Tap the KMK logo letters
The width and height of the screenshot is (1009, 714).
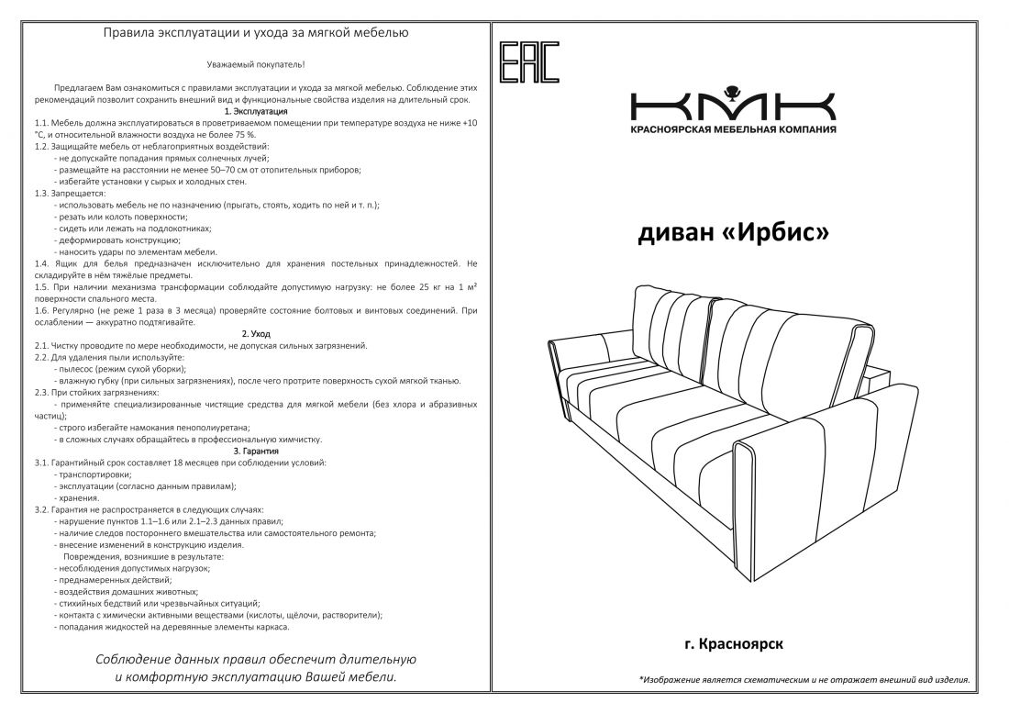pyautogui.click(x=732, y=104)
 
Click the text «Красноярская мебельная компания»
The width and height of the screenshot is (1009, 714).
pyautogui.click(x=732, y=129)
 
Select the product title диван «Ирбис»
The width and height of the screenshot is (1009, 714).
pyautogui.click(x=733, y=233)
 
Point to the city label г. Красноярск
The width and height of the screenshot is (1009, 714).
pyautogui.click(x=733, y=644)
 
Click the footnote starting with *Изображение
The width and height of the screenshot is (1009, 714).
pyautogui.click(x=804, y=680)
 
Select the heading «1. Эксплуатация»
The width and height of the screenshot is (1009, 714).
pyautogui.click(x=255, y=111)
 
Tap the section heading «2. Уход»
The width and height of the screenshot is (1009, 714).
pyautogui.click(x=255, y=334)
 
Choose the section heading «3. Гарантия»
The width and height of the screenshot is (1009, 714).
pyautogui.click(x=255, y=451)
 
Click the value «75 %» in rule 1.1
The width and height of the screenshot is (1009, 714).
pyautogui.click(x=242, y=134)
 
